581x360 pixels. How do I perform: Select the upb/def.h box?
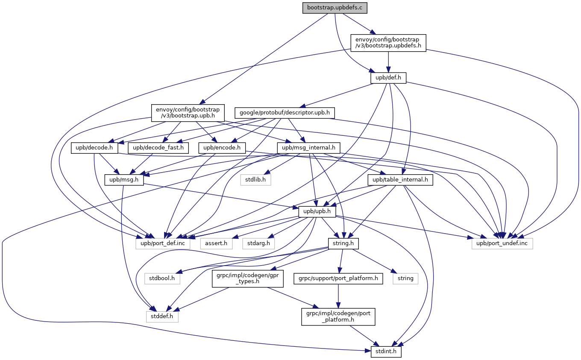[388, 78]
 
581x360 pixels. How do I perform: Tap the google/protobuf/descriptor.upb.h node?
[285, 113]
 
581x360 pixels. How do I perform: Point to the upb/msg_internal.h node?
[308, 148]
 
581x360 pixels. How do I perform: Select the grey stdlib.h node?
[255, 180]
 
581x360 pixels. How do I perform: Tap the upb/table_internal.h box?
[400, 180]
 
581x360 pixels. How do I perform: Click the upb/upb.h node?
[317, 211]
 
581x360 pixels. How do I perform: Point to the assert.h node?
[216, 243]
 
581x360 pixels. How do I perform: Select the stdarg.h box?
[258, 243]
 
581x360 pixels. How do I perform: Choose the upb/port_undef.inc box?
[502, 243]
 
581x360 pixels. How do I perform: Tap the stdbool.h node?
[162, 278]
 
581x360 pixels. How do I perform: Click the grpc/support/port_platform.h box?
[337, 278]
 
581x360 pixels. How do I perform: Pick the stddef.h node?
[162, 316]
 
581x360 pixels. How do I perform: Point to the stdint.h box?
[383, 352]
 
